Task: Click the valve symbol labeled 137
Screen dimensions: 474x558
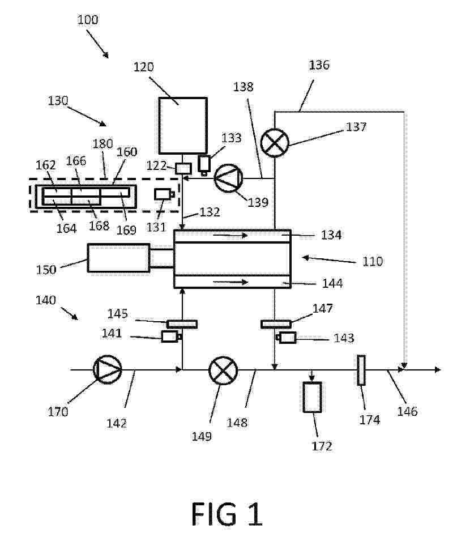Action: coord(275,143)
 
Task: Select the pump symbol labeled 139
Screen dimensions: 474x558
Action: coord(228,178)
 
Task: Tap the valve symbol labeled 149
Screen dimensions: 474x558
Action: coord(223,370)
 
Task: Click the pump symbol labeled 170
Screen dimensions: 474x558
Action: coord(108,370)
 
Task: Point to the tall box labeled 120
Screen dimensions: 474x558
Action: coord(183,125)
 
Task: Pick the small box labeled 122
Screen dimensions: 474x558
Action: coord(183,168)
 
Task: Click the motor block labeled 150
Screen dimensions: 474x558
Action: coord(118,258)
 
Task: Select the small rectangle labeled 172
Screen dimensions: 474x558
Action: coord(312,397)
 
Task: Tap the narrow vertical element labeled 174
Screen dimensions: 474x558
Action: coord(361,370)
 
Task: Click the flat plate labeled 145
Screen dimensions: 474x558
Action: coord(182,324)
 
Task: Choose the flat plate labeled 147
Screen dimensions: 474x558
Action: coord(276,324)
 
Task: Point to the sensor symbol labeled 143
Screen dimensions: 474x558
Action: coord(286,338)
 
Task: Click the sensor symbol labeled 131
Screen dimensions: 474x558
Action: coord(164,194)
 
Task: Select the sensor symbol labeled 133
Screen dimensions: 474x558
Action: coord(204,165)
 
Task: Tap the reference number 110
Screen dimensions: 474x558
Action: coord(373,262)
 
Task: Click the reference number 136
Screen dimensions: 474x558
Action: coord(319,65)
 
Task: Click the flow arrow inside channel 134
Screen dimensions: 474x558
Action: coord(230,235)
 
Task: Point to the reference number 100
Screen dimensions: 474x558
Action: coord(88,20)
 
